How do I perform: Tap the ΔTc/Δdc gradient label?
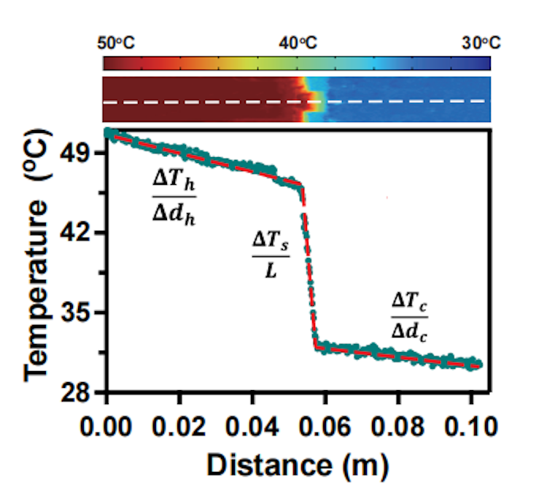pos(408,315)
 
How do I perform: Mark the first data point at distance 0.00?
pos(108,132)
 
